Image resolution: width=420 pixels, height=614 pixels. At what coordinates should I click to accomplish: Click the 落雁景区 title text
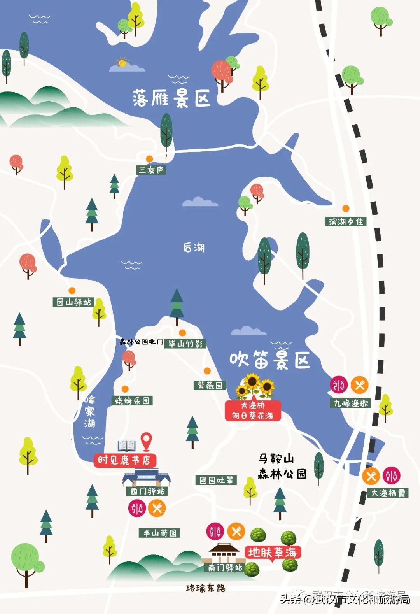171,98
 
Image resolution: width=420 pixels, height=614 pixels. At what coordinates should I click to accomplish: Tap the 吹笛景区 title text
269,360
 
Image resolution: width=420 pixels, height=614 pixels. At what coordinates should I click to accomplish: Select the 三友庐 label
151,170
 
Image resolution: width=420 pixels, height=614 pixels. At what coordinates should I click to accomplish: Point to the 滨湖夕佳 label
346,221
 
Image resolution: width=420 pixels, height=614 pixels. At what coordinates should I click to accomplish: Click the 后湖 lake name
194,247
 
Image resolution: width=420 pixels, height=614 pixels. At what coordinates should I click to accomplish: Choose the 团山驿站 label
73,302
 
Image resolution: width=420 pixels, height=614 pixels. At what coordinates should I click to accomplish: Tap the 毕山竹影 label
185,344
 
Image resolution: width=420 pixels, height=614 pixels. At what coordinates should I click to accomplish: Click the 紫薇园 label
210,385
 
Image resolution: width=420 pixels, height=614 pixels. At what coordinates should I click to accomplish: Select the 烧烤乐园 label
132,401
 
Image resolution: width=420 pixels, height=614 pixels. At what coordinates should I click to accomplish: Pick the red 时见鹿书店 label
124,460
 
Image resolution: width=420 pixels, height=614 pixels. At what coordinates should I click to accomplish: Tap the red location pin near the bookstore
146,441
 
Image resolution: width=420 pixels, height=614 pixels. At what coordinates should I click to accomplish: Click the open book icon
127,446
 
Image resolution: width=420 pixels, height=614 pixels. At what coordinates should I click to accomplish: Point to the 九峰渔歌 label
351,403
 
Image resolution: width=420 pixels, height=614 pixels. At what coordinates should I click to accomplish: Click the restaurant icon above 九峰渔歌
360,385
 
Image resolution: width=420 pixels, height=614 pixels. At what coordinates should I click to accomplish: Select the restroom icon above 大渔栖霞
391,475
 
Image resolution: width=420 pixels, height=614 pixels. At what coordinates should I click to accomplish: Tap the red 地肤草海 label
273,552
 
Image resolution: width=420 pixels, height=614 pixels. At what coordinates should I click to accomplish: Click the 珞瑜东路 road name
206,588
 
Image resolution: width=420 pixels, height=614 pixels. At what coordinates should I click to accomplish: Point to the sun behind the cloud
123,63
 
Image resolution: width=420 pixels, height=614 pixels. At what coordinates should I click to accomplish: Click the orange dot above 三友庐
149,159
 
